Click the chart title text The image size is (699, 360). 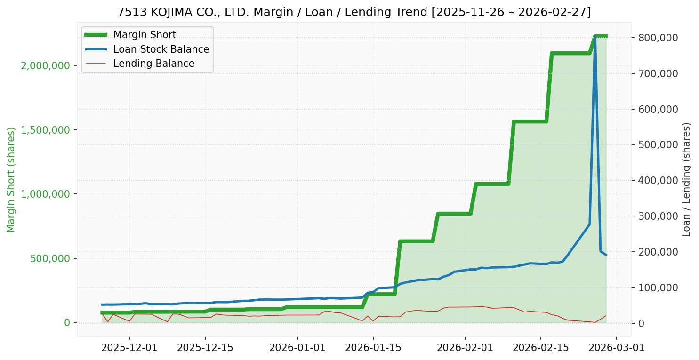click(x=354, y=12)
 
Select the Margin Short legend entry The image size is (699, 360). click(x=145, y=35)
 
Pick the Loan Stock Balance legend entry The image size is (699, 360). click(x=161, y=49)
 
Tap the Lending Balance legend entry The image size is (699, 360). click(x=153, y=64)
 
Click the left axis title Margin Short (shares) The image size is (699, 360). click(x=11, y=180)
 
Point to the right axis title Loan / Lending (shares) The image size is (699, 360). click(x=686, y=180)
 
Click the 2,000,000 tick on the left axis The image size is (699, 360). click(x=46, y=65)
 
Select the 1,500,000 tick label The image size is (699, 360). click(x=46, y=130)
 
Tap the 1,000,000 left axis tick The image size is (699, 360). click(x=46, y=194)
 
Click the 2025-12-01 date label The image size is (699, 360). click(x=129, y=348)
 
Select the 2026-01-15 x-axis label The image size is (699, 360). click(x=373, y=348)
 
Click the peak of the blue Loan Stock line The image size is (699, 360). click(x=595, y=36)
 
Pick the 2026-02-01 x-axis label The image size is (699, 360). click(x=465, y=348)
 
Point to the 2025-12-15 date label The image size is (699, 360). click(x=205, y=348)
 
